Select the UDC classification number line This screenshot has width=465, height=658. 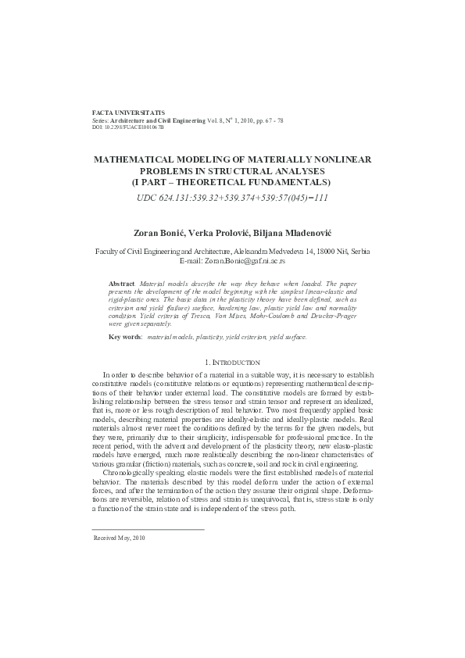(233, 197)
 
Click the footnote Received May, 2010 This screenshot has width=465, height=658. (119, 538)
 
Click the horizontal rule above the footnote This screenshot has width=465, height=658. (148, 529)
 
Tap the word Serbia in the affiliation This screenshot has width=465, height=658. (360, 252)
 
